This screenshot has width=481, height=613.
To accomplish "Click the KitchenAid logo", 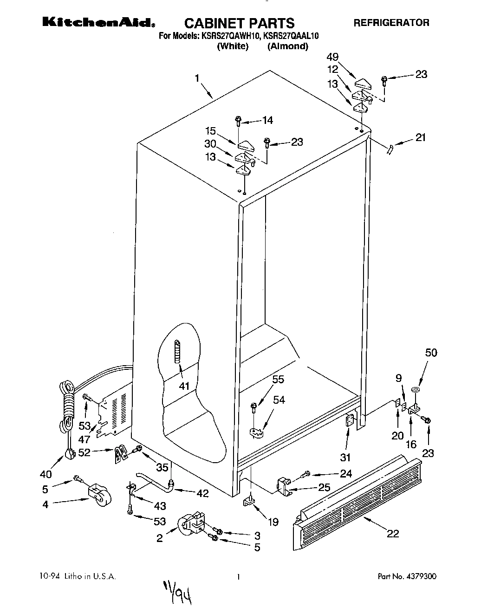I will pyautogui.click(x=99, y=22).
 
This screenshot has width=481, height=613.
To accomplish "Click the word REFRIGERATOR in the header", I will pyautogui.click(x=391, y=22).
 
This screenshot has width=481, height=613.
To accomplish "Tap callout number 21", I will pyautogui.click(x=421, y=137).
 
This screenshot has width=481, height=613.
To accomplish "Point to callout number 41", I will pyautogui.click(x=185, y=385).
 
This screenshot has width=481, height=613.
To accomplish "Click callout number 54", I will pyautogui.click(x=279, y=400).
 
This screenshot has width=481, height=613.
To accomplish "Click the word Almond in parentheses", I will pyautogui.click(x=288, y=46).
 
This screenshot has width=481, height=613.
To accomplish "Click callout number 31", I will pyautogui.click(x=345, y=458).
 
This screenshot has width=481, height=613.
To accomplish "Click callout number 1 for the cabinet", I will pyautogui.click(x=197, y=78).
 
